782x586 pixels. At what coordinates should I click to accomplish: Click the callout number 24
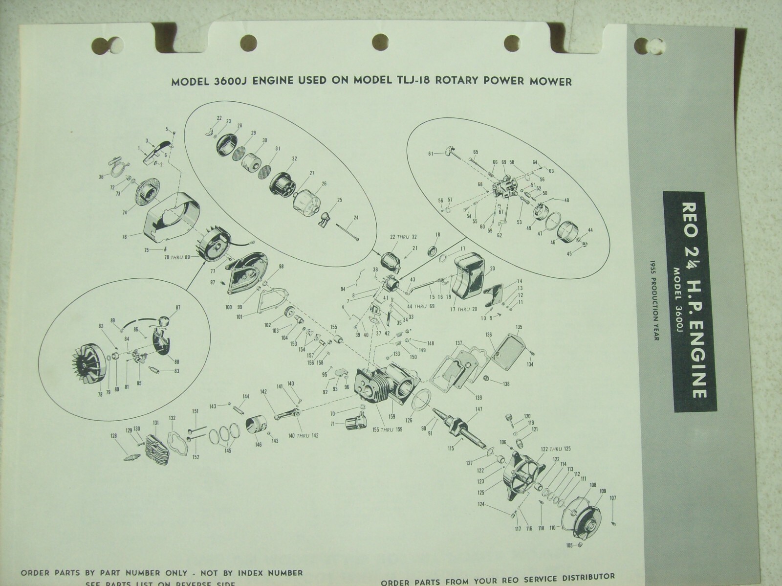click(355, 218)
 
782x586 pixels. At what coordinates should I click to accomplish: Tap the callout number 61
click(431, 153)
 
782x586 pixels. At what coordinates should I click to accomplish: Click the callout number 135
click(519, 326)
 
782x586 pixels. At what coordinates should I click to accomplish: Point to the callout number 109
click(602, 491)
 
